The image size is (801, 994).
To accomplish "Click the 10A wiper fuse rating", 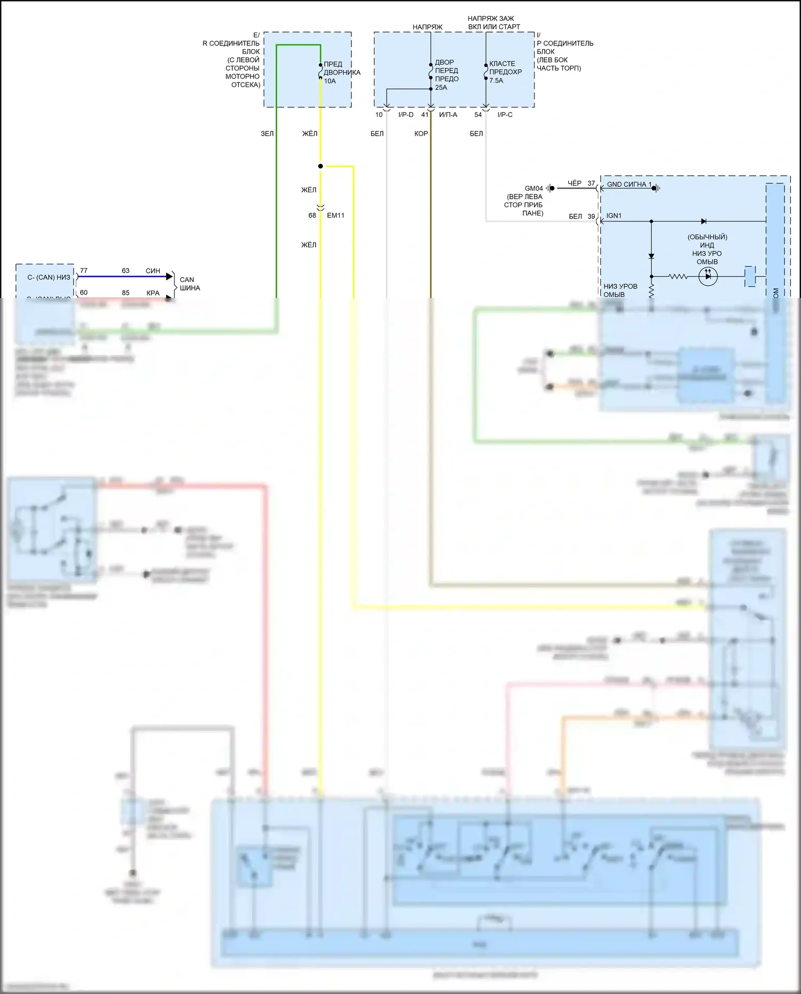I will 329,81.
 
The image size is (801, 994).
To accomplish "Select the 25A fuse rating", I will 441,88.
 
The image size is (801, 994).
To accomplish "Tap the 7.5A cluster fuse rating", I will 496,81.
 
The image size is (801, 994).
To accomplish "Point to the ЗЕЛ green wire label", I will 267,134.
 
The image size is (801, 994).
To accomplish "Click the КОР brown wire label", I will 421,134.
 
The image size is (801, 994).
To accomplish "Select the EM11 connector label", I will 335,215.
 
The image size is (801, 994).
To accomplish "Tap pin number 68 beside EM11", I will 312,215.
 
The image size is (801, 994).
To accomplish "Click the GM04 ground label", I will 533,188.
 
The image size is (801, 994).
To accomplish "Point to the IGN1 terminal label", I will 614,216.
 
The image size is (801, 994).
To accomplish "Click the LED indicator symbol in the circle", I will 708,276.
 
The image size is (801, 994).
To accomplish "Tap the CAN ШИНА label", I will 190,284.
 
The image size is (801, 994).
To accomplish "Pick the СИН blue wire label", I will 153,271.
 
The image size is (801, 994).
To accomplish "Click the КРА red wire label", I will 153,293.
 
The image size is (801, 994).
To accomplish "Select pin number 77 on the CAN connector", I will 84,271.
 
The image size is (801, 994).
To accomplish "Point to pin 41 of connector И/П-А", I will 425,115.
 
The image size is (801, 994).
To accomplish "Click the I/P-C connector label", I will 505,115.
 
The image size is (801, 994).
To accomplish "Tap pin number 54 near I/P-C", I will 478,115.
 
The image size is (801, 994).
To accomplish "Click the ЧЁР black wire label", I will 575,183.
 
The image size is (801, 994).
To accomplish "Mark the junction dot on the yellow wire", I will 320,166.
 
